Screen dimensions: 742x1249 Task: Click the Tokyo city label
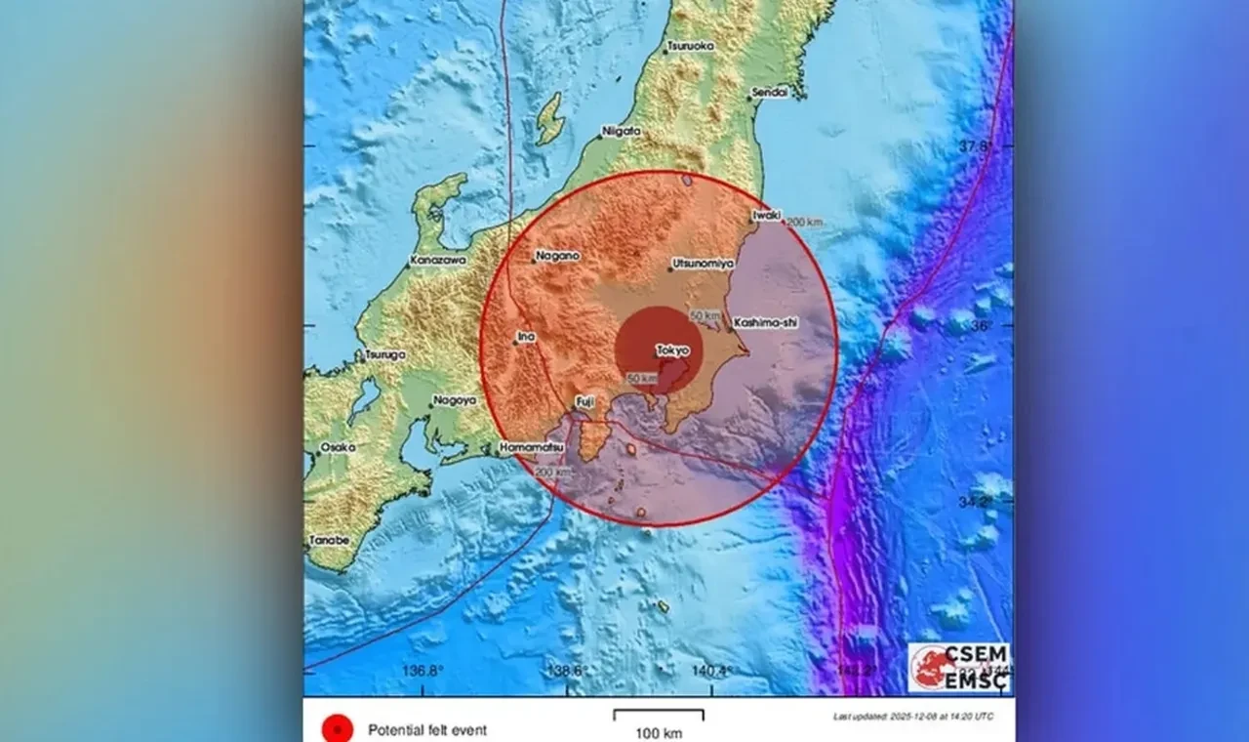coord(673,350)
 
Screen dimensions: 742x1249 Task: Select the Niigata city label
coord(622,131)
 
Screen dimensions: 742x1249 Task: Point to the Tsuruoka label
coord(690,46)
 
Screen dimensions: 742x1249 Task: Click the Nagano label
coord(558,256)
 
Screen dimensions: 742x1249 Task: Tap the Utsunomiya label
coord(704,264)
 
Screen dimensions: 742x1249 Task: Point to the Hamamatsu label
coord(531,446)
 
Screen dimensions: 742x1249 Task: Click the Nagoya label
coord(455,399)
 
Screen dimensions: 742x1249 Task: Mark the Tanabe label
coord(330,540)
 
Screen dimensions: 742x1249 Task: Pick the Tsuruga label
coord(384,354)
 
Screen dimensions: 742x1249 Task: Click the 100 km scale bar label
coord(659,733)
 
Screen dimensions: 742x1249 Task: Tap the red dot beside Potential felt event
coord(338,728)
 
